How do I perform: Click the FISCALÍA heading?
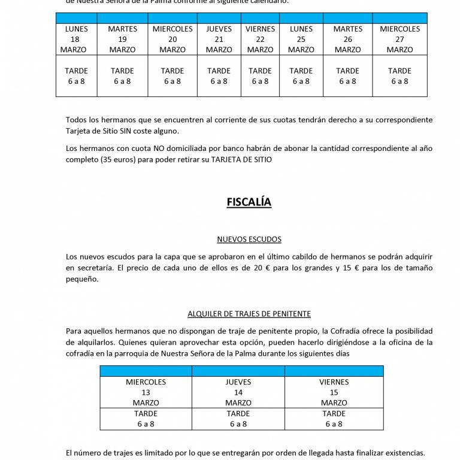(249, 202)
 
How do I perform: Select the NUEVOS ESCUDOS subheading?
(249, 240)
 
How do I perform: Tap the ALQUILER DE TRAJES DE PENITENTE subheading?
(249, 314)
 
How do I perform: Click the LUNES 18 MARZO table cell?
(76, 40)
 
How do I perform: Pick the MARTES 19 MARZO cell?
(122, 40)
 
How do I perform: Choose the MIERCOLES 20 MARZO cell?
(172, 40)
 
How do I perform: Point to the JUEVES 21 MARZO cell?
(219, 40)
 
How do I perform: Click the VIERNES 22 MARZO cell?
(260, 40)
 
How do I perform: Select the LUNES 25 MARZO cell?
(301, 40)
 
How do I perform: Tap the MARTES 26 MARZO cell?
(347, 40)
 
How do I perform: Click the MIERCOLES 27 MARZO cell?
(400, 40)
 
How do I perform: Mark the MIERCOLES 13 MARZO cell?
(146, 392)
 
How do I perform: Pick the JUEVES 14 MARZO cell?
(238, 392)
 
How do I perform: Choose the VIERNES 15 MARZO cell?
(334, 392)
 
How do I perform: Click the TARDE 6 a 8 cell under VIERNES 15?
(334, 419)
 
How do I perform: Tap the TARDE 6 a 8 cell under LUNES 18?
(76, 76)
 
